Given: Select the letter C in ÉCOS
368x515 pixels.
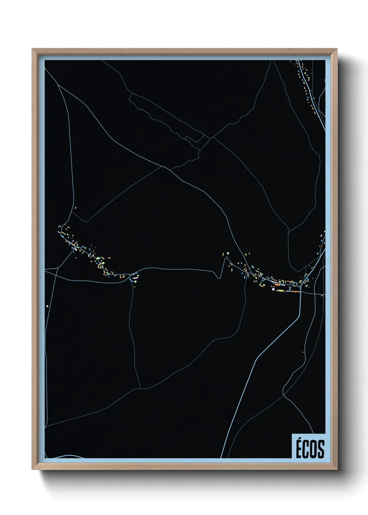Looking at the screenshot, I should point(306,449).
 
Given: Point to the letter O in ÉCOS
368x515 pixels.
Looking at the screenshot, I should point(314,449).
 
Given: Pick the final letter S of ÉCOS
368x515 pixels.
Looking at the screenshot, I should point(321,449).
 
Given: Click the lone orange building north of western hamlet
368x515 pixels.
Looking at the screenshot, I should point(75,208).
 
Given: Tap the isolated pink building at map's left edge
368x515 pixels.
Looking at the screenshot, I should point(47,306).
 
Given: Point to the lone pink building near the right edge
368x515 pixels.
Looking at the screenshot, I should point(322,295).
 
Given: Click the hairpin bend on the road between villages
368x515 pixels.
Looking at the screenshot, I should point(218,278).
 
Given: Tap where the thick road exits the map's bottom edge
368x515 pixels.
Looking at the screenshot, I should point(221,458).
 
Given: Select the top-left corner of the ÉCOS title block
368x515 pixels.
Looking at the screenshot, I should point(292,434).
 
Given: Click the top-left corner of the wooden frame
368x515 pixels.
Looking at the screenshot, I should point(32,49).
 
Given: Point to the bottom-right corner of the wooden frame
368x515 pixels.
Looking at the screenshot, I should point(337,469).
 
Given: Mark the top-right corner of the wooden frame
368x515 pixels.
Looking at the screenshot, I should point(337,49).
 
